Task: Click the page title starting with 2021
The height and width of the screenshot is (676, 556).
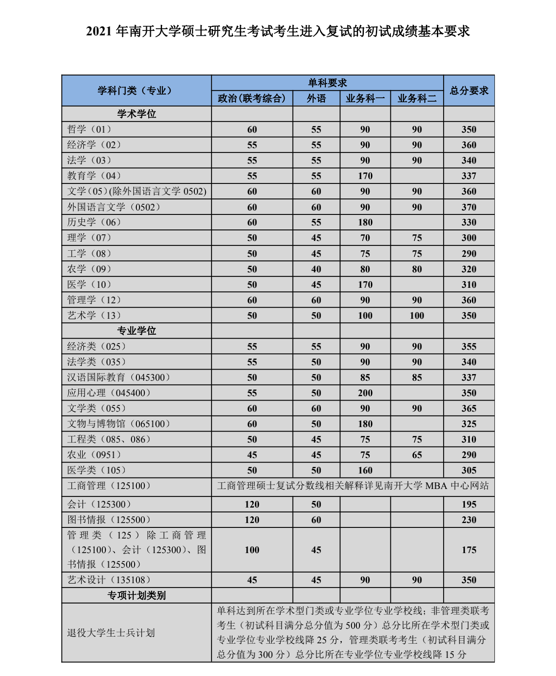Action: click(278, 31)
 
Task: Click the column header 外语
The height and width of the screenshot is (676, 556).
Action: click(316, 98)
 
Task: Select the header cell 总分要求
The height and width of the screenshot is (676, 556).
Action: click(469, 91)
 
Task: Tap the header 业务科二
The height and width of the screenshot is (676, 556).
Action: click(417, 98)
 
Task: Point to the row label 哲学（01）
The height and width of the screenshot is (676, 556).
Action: click(89, 130)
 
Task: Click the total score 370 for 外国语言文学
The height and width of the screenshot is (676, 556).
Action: click(469, 207)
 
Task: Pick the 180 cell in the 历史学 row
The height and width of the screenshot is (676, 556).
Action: click(365, 222)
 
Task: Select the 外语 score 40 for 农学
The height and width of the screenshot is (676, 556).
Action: click(316, 269)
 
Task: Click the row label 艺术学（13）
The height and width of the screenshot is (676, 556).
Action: click(94, 315)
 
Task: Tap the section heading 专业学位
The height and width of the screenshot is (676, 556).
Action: click(136, 331)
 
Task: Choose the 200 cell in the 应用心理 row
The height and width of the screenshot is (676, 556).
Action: click(365, 393)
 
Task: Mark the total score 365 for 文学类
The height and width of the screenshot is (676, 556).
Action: click(469, 408)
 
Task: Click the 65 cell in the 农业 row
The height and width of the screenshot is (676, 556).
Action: click(417, 454)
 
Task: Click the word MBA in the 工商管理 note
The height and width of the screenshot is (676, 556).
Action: click(436, 485)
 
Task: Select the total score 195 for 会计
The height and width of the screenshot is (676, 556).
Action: click(469, 504)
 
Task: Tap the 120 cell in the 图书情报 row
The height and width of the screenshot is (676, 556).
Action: click(252, 519)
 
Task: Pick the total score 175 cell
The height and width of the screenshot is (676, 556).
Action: click(469, 550)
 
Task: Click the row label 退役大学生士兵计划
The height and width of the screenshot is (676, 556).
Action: click(111, 633)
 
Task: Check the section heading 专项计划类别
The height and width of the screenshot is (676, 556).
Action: click(136, 595)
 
